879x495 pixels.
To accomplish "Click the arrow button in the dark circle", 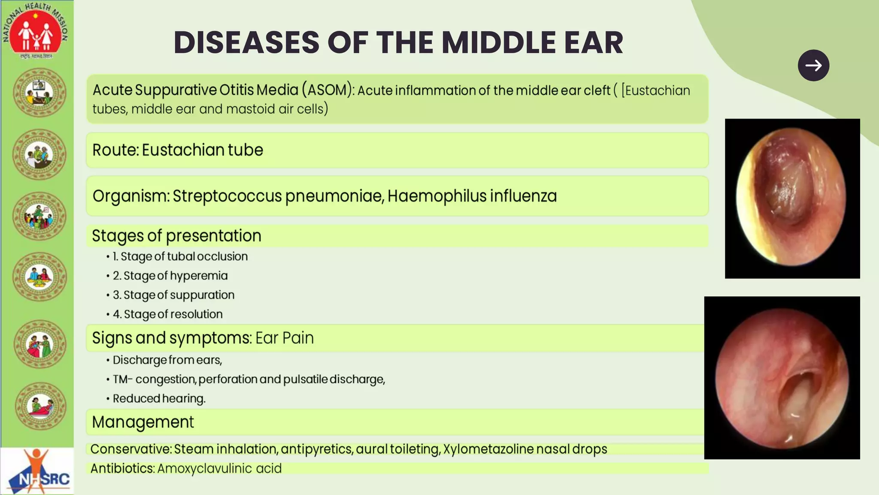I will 813,65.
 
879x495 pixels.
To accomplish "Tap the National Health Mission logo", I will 36,30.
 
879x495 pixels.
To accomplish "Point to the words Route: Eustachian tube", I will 178,150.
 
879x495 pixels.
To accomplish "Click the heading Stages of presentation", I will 176,235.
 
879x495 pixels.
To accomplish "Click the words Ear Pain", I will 285,338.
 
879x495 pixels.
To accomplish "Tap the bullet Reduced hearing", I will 159,399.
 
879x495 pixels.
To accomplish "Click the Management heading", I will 143,422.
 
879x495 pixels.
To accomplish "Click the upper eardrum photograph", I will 792,199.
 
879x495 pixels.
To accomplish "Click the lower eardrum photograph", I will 782,378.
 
